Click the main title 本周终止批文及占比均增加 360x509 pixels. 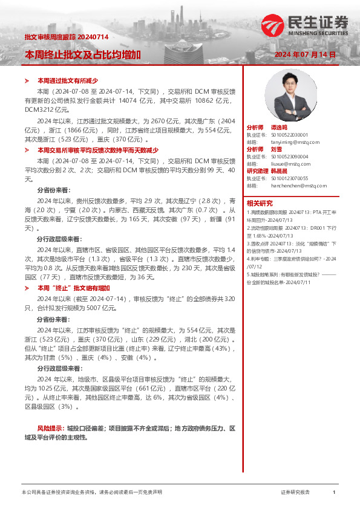click(82, 54)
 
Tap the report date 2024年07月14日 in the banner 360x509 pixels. click(304, 54)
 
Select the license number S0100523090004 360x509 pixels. click(290, 157)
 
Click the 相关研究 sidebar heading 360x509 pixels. click(260, 203)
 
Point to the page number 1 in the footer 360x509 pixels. click(333, 493)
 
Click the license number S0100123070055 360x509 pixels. click(290, 178)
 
